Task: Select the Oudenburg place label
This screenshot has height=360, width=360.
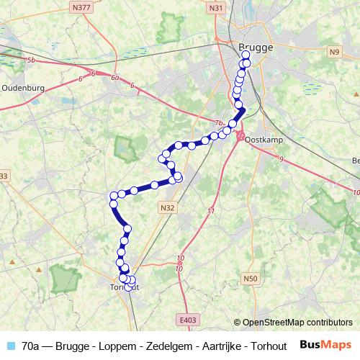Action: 23,88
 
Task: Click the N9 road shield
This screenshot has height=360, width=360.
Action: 333,52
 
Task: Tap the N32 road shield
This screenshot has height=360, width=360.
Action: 167,207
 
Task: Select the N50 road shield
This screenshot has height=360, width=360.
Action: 250,279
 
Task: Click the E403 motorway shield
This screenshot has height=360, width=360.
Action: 189,319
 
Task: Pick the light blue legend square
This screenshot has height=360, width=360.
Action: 9,346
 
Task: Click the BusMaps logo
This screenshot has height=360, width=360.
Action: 326,345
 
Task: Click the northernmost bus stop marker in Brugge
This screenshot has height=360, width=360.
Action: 246,55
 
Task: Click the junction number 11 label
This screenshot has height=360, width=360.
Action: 210,210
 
